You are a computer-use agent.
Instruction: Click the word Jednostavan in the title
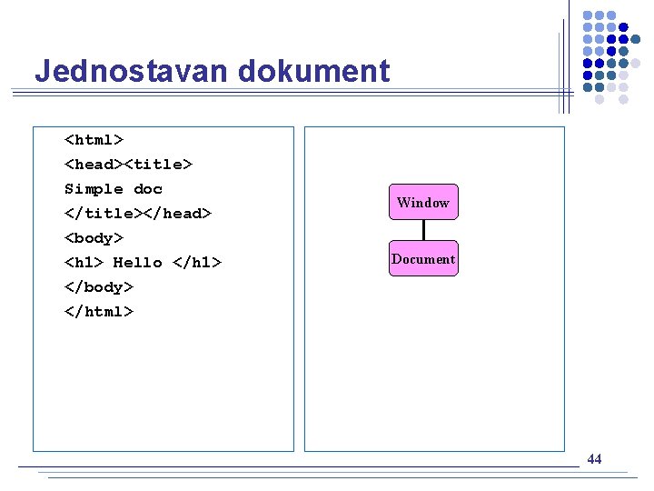(117, 72)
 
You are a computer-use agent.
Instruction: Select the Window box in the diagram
(423, 202)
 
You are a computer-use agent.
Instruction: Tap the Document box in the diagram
(423, 258)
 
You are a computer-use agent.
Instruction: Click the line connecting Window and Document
(423, 230)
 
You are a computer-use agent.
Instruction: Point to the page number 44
(594, 459)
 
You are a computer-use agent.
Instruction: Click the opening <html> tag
(94, 140)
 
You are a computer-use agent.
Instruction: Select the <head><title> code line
(128, 165)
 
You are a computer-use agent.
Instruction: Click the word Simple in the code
(94, 189)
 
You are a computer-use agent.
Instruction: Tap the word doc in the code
(148, 189)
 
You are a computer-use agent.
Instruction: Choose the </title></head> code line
(137, 214)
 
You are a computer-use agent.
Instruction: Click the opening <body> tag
(94, 238)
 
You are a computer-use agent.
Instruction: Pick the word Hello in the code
(137, 263)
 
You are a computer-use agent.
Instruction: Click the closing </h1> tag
(197, 263)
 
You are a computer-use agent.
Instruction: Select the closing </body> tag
(99, 287)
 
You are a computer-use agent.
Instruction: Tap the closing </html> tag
(99, 312)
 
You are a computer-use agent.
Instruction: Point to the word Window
(423, 203)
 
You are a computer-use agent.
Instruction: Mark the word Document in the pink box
(423, 259)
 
